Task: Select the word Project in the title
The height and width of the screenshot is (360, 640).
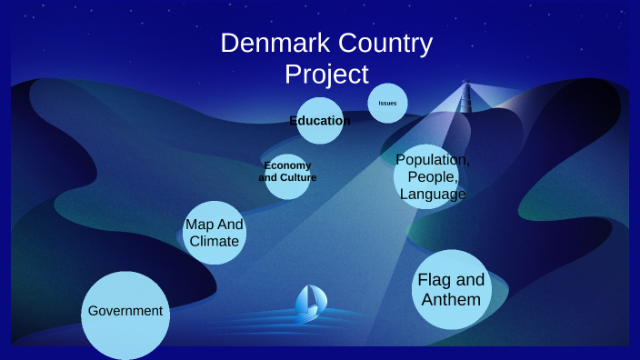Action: click(x=326, y=73)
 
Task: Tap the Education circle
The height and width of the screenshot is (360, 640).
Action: click(x=320, y=121)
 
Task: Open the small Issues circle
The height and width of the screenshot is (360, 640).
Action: click(x=387, y=104)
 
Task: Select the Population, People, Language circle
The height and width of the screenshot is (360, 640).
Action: click(x=432, y=176)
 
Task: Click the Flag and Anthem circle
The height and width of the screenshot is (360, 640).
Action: click(x=452, y=289)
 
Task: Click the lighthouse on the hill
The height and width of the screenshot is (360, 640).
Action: click(x=467, y=97)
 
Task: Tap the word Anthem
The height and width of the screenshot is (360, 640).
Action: click(x=451, y=298)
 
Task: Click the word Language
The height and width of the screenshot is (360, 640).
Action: click(x=433, y=194)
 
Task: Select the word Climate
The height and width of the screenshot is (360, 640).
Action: click(x=215, y=241)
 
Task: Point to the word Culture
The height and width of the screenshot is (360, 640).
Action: click(x=299, y=177)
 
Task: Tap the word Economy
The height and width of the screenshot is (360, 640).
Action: click(x=287, y=165)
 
